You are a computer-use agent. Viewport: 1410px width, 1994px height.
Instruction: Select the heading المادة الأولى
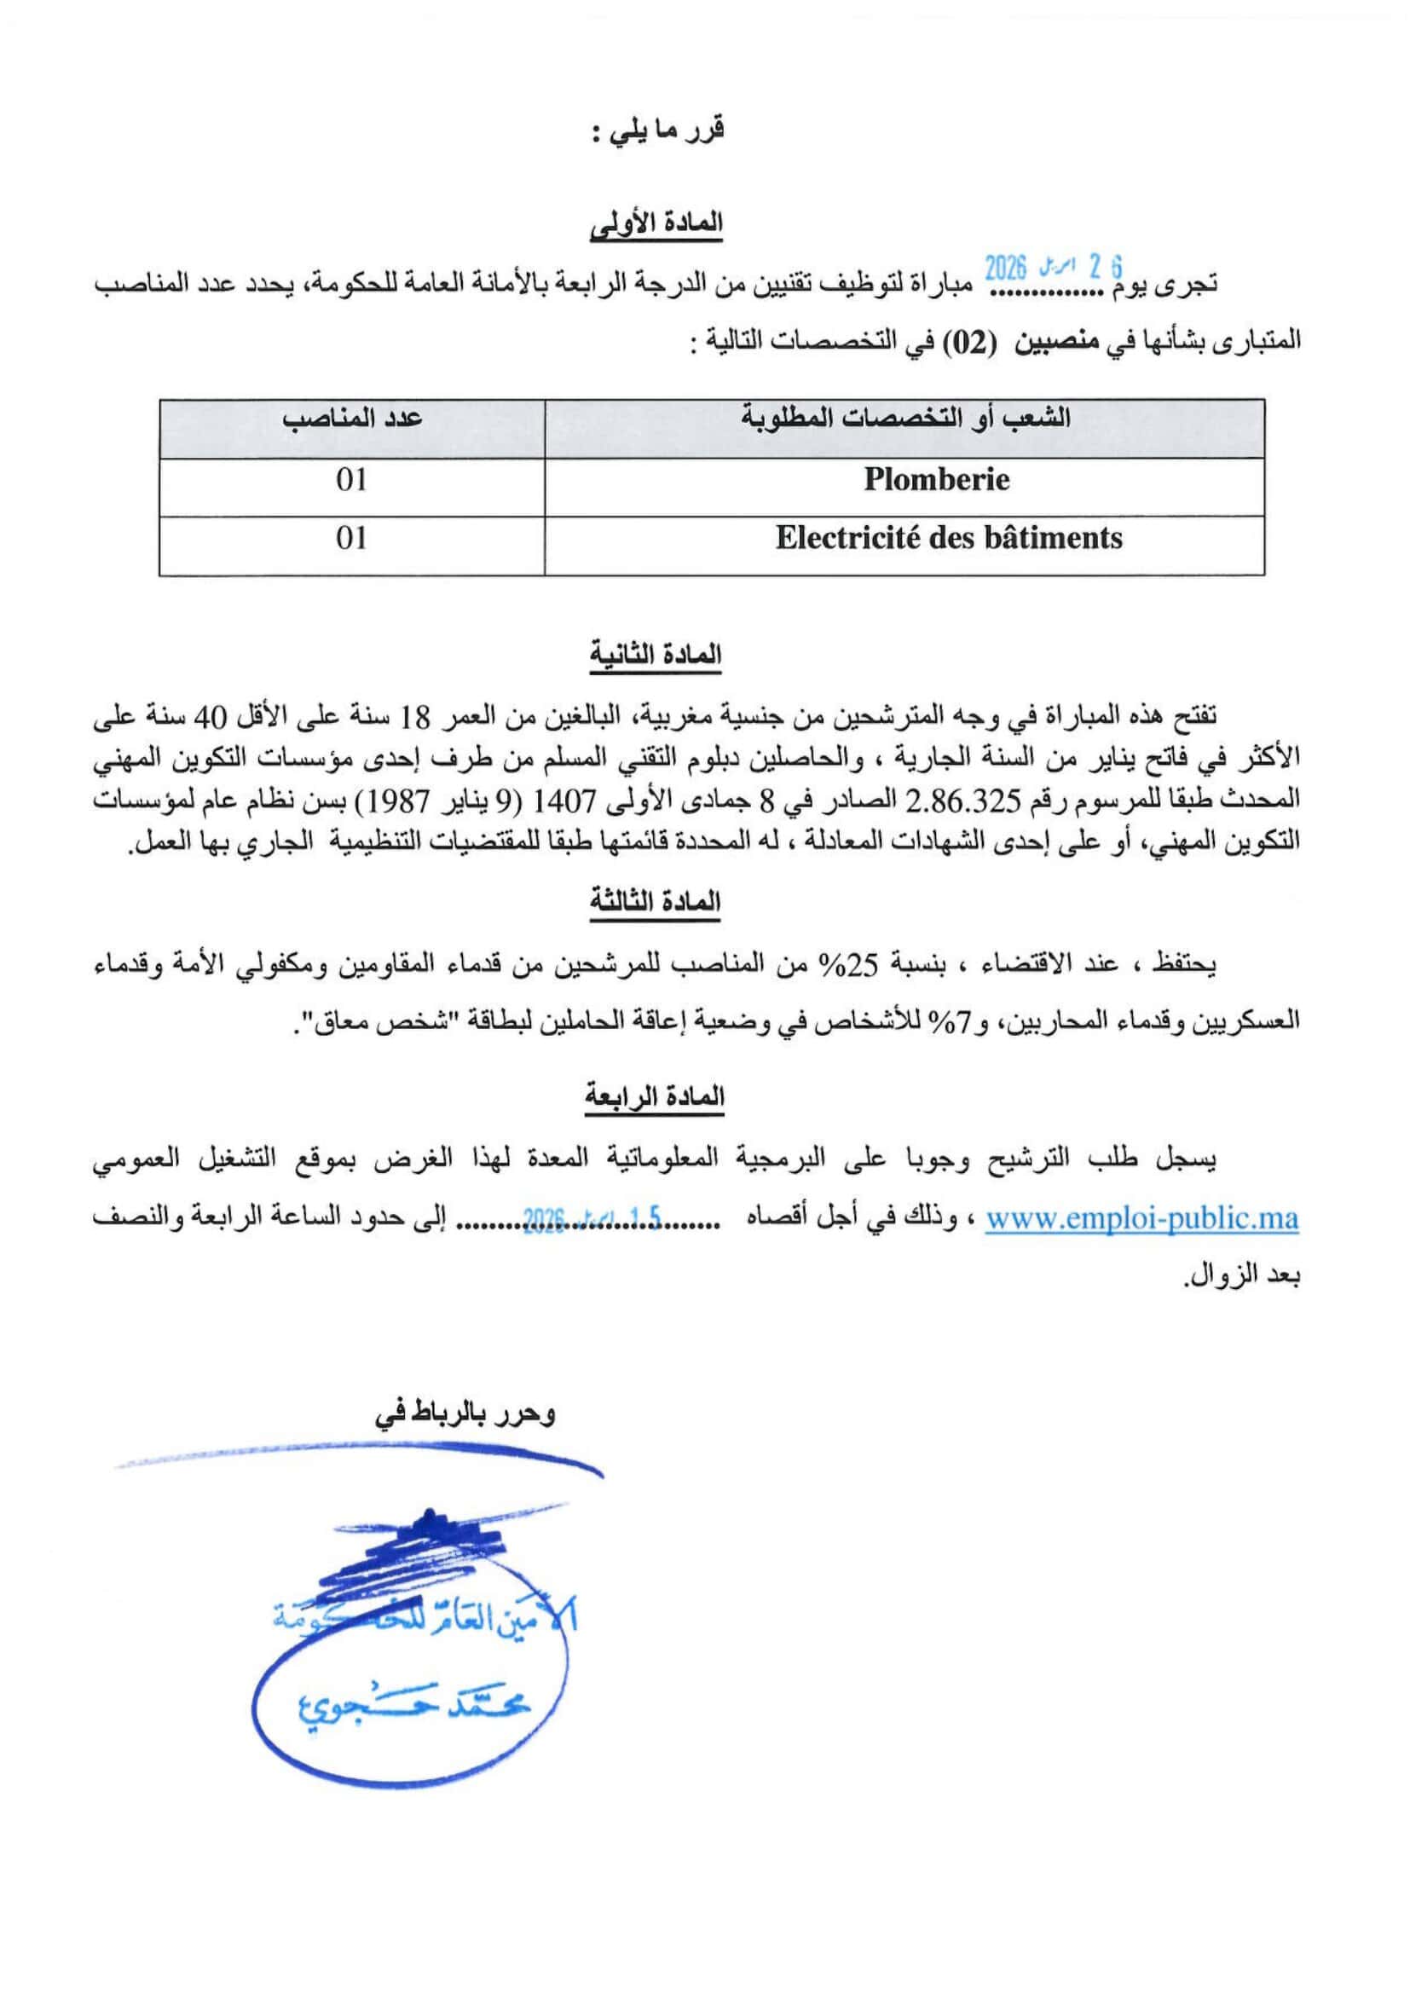click(656, 223)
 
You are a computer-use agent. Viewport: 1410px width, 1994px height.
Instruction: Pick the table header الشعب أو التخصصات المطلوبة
click(904, 418)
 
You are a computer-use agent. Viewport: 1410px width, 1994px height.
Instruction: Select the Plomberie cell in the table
click(936, 479)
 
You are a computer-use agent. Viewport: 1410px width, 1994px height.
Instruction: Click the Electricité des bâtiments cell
click(948, 539)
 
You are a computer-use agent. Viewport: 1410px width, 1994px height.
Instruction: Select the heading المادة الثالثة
click(656, 901)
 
